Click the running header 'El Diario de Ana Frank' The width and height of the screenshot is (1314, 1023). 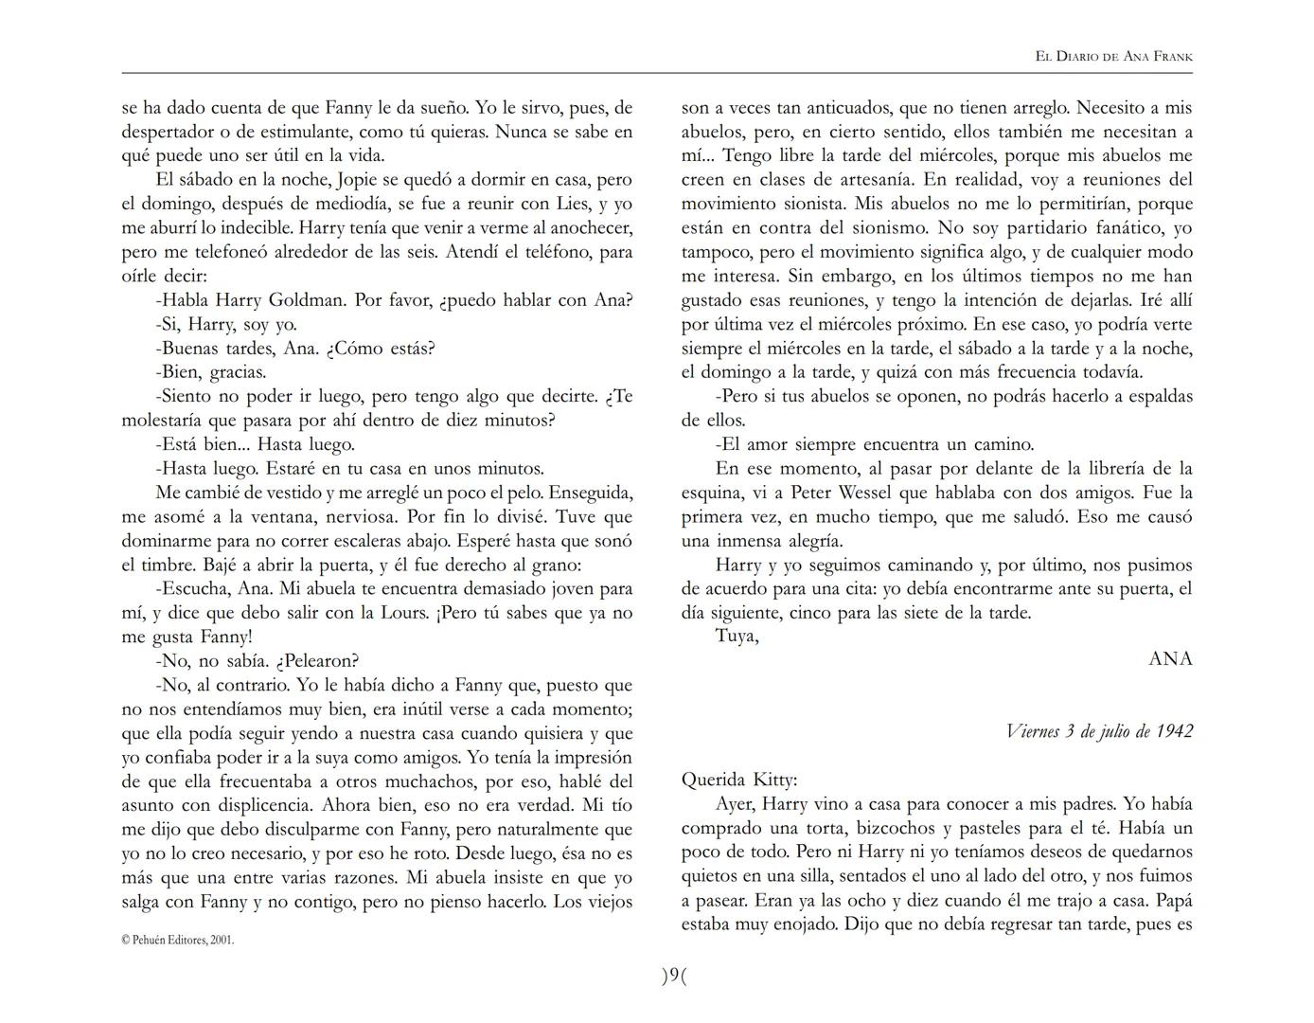(1113, 57)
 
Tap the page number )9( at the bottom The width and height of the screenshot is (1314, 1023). (673, 976)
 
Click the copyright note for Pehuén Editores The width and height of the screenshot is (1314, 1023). (177, 941)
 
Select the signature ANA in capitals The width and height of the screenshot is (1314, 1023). (1170, 659)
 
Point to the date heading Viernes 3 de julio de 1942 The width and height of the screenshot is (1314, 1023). (1098, 731)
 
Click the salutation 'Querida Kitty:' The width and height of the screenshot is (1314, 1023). (739, 781)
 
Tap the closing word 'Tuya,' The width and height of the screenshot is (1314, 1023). (737, 636)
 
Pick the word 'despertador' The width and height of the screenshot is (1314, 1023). (169, 132)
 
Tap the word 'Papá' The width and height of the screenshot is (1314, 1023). (1174, 900)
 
